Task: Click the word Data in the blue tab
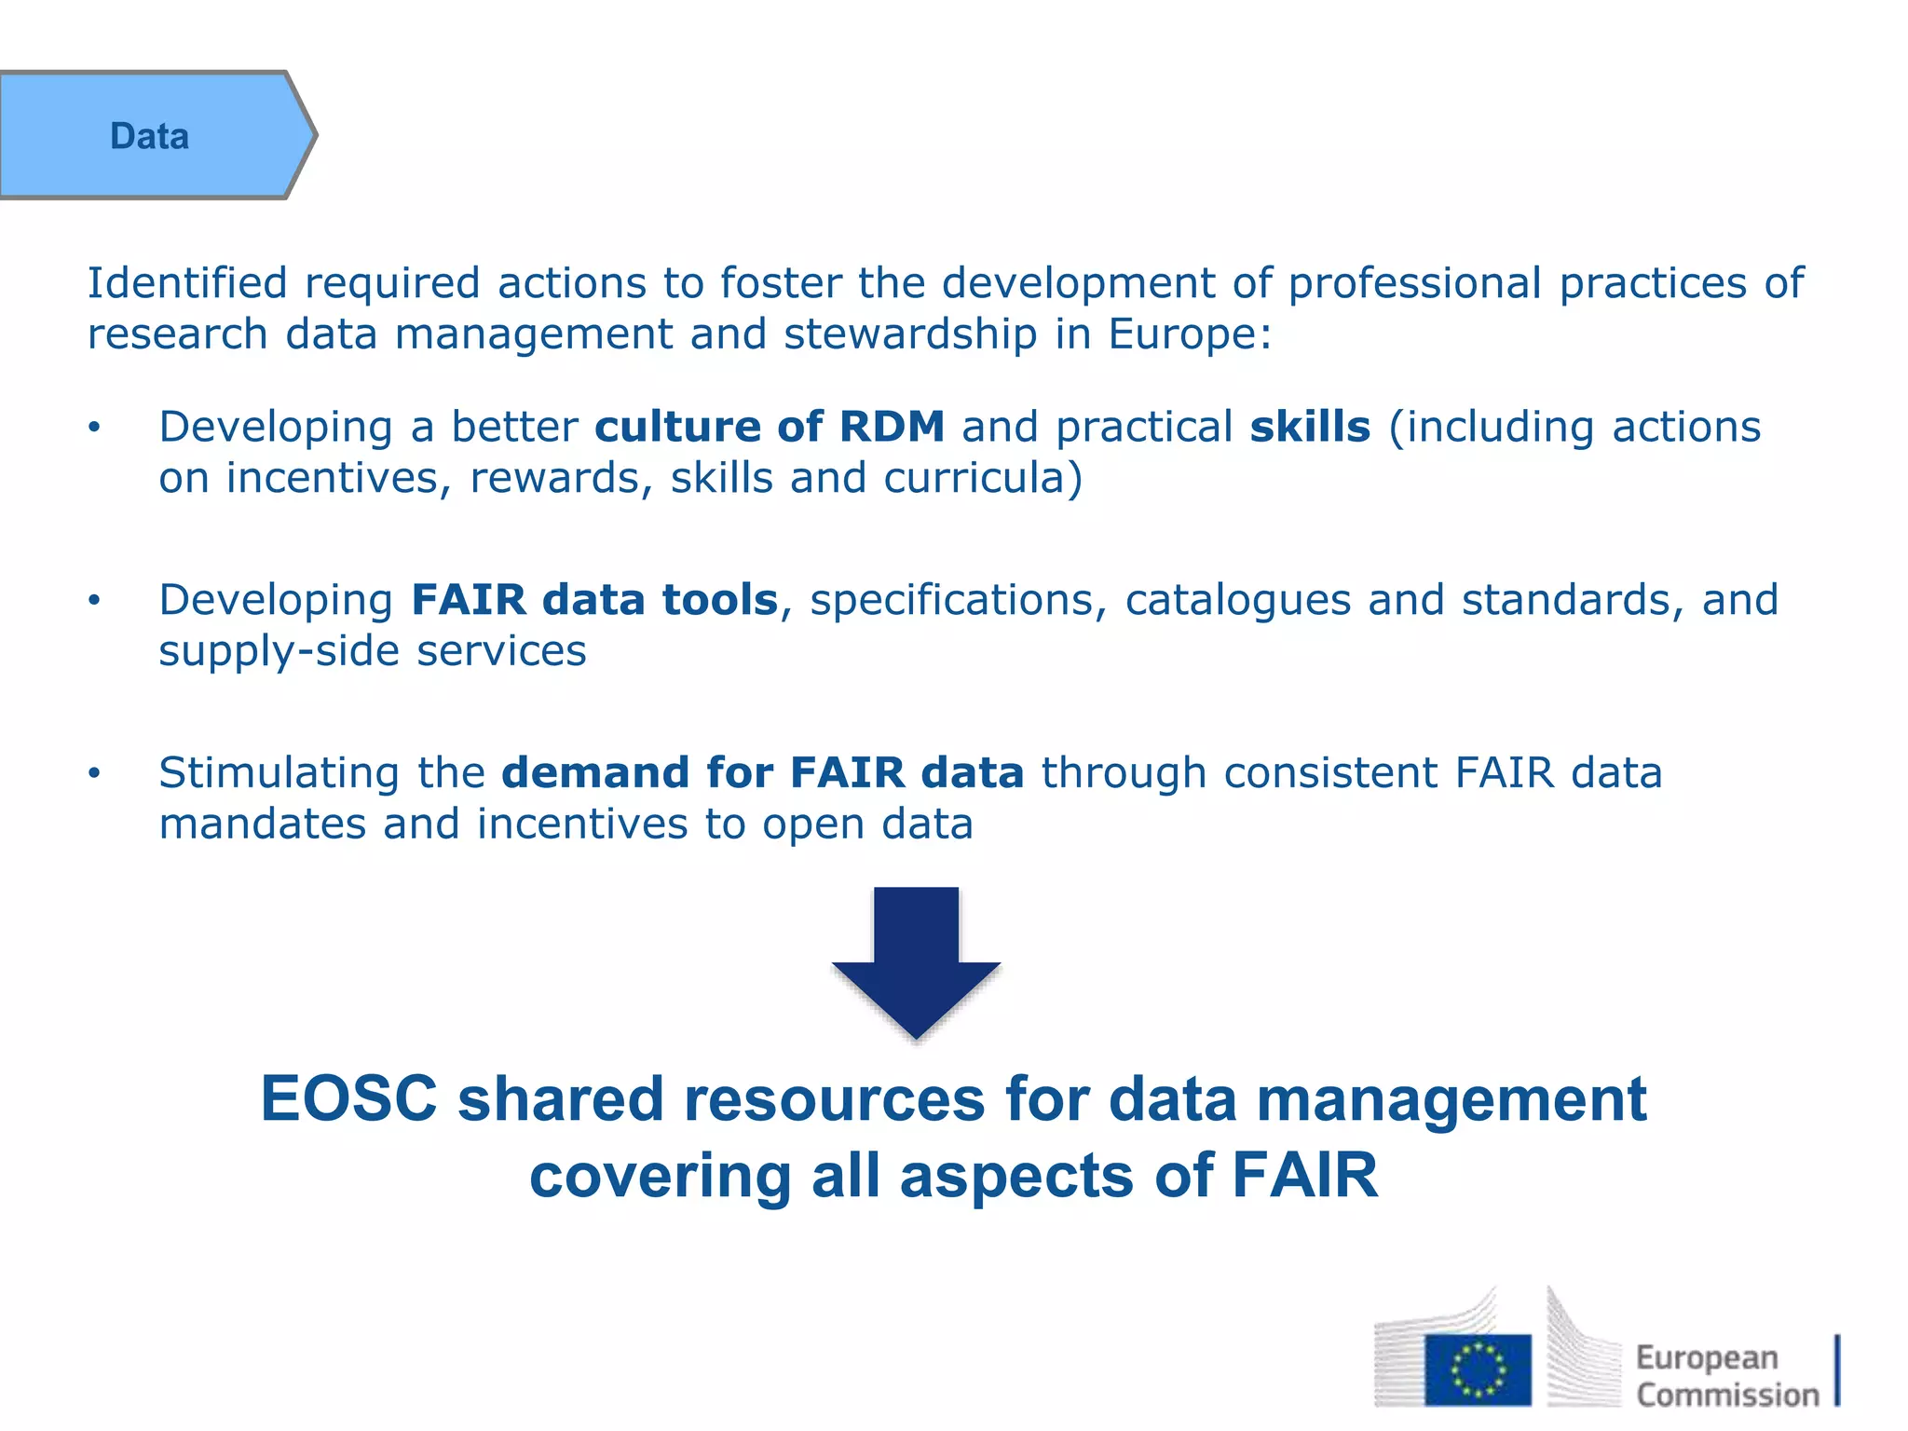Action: coord(149,136)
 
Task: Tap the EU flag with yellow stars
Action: coord(1477,1369)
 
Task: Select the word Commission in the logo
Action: coord(1727,1395)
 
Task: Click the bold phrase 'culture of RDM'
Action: coord(770,427)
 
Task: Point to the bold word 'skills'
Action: coord(1310,427)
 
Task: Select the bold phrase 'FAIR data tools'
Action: coord(594,600)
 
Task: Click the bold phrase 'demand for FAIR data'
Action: coord(762,773)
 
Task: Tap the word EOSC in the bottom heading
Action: coord(348,1099)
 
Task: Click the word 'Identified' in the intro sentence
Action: coord(187,283)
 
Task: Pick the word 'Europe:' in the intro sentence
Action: coord(1190,334)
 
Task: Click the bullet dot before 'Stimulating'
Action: coord(93,773)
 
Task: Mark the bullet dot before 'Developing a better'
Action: coord(93,428)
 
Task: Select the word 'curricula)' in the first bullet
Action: coord(983,479)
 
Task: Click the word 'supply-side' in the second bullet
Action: coord(279,651)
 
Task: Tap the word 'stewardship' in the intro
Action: coord(910,334)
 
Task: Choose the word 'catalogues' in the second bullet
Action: coord(1237,600)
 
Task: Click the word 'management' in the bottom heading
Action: coord(1451,1099)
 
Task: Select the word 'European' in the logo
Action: coord(1707,1358)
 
